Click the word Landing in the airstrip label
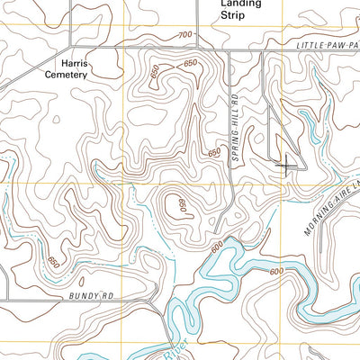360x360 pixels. [240, 4]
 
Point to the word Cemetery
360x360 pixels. [67, 76]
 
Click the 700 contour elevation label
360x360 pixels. [185, 34]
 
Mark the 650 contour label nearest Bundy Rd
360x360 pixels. [53, 263]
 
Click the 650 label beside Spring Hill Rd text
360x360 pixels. [214, 154]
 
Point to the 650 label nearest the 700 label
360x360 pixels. [190, 63]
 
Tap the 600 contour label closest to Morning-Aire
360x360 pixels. [276, 271]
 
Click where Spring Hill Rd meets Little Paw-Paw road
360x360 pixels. [229, 48]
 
